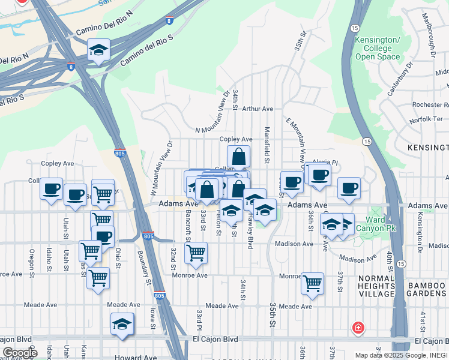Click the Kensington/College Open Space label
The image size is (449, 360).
click(377, 48)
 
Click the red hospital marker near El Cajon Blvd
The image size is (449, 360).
click(358, 328)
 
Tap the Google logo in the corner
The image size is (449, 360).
click(19, 353)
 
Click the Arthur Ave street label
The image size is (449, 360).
click(258, 109)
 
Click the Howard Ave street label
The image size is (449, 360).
click(135, 357)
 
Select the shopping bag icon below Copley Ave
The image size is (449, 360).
click(238, 157)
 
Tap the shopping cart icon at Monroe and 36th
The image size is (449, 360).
click(312, 283)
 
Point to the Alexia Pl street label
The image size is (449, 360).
click(326, 163)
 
